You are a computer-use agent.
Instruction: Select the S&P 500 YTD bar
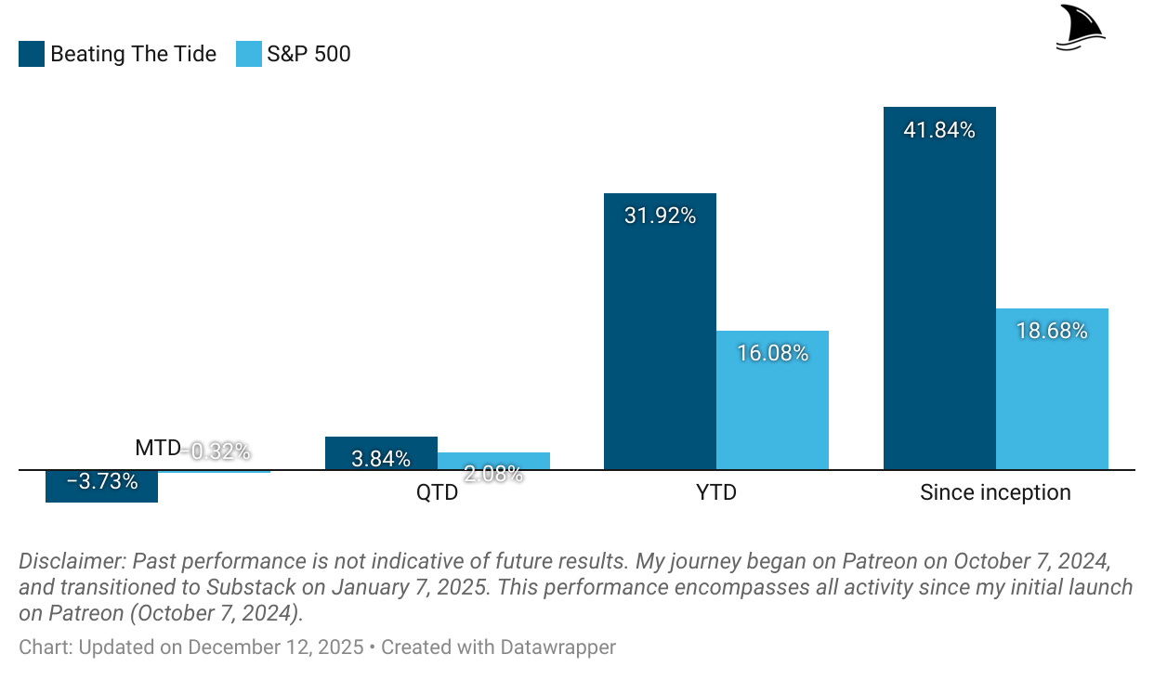772,409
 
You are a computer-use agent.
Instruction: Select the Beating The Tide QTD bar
381,446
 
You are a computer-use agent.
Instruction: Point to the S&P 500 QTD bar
493,461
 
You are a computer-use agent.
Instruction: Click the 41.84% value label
939,131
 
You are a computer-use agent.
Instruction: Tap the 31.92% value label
660,216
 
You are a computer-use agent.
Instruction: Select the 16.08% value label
772,353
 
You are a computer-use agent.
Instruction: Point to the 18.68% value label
1052,331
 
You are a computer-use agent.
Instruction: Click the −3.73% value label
102,482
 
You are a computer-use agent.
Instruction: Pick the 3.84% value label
381,458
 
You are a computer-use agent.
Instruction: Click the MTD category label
157,449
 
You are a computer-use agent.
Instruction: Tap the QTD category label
437,492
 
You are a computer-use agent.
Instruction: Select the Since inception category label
995,492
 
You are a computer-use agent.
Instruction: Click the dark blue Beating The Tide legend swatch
32,54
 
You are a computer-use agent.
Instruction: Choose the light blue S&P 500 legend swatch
249,54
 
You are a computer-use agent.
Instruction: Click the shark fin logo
1081,27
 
